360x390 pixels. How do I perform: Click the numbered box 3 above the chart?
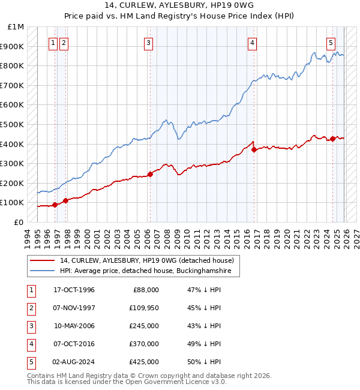(x=148, y=43)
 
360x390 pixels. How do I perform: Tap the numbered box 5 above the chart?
(x=331, y=43)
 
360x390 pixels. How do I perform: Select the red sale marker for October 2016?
(x=254, y=150)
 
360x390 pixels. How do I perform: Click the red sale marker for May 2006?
(x=150, y=174)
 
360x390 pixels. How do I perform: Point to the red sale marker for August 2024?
(x=332, y=139)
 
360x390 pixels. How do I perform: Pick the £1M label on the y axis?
(x=16, y=27)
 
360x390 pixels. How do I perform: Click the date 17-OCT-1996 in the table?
(x=74, y=290)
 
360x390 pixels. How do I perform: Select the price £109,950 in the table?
(x=145, y=308)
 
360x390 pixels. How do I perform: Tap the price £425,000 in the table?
(x=145, y=362)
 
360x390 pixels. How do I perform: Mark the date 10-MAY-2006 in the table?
(x=74, y=326)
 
